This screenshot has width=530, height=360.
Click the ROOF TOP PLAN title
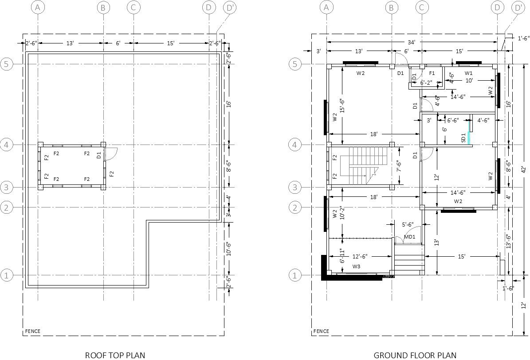coord(114,355)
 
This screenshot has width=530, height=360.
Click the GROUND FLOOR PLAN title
coord(415,355)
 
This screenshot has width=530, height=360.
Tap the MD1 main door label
coord(409,237)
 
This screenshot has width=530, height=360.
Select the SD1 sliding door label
coord(463,138)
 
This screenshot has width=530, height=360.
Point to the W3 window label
coord(356,266)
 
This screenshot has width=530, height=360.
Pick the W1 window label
coord(468,73)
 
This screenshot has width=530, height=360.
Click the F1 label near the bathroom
coord(432,73)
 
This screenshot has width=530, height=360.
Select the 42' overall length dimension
coord(523,169)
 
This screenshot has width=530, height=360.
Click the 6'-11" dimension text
coord(342,256)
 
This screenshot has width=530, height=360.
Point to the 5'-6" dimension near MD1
coord(408,225)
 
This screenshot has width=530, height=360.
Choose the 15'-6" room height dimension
coord(342,106)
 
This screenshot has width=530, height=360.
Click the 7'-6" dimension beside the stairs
coord(399,166)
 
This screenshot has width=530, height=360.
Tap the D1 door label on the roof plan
coord(99,155)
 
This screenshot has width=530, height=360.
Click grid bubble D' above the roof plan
coord(230,8)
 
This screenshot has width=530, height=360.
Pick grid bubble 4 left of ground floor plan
coord(294,145)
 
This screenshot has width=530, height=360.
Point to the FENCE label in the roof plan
coord(32,331)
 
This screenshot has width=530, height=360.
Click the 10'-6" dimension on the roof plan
coord(229,249)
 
